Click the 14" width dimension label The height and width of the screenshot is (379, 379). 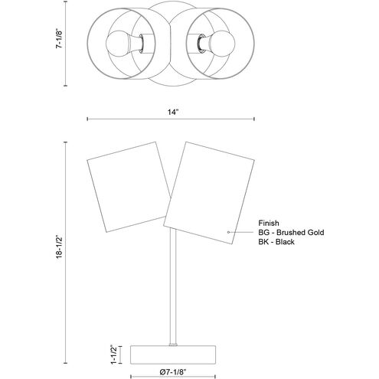[x=173, y=112]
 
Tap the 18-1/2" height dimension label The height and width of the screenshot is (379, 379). [x=60, y=247]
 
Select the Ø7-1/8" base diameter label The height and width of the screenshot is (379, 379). [x=173, y=372]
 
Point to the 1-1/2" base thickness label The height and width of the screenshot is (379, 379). [x=113, y=354]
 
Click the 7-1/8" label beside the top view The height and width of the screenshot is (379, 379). [x=59, y=38]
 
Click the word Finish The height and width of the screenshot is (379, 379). [x=269, y=223]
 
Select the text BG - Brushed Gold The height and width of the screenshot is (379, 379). [x=291, y=232]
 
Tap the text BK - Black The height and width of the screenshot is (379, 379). [x=276, y=242]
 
